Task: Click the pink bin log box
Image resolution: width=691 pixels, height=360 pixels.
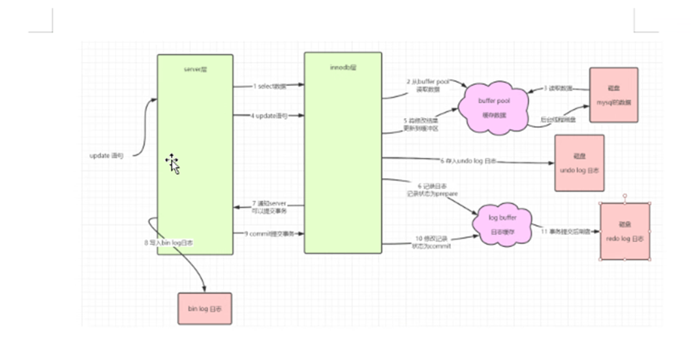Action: [x=205, y=308]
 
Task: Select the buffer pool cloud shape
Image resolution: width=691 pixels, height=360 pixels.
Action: [x=493, y=108]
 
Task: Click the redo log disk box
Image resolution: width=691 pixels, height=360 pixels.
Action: [x=624, y=231]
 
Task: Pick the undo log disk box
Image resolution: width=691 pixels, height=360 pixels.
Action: [x=579, y=163]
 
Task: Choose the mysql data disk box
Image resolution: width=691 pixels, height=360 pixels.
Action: [x=613, y=95]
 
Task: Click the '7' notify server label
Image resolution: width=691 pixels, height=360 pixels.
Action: [x=269, y=207]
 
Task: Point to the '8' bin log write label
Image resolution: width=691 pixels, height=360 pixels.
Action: [x=168, y=243]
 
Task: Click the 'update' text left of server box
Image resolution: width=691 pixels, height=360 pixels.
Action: [x=106, y=156]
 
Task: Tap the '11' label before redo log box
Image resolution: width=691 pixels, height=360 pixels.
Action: [x=566, y=231]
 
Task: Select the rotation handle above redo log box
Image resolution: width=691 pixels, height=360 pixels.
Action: [x=624, y=195]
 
